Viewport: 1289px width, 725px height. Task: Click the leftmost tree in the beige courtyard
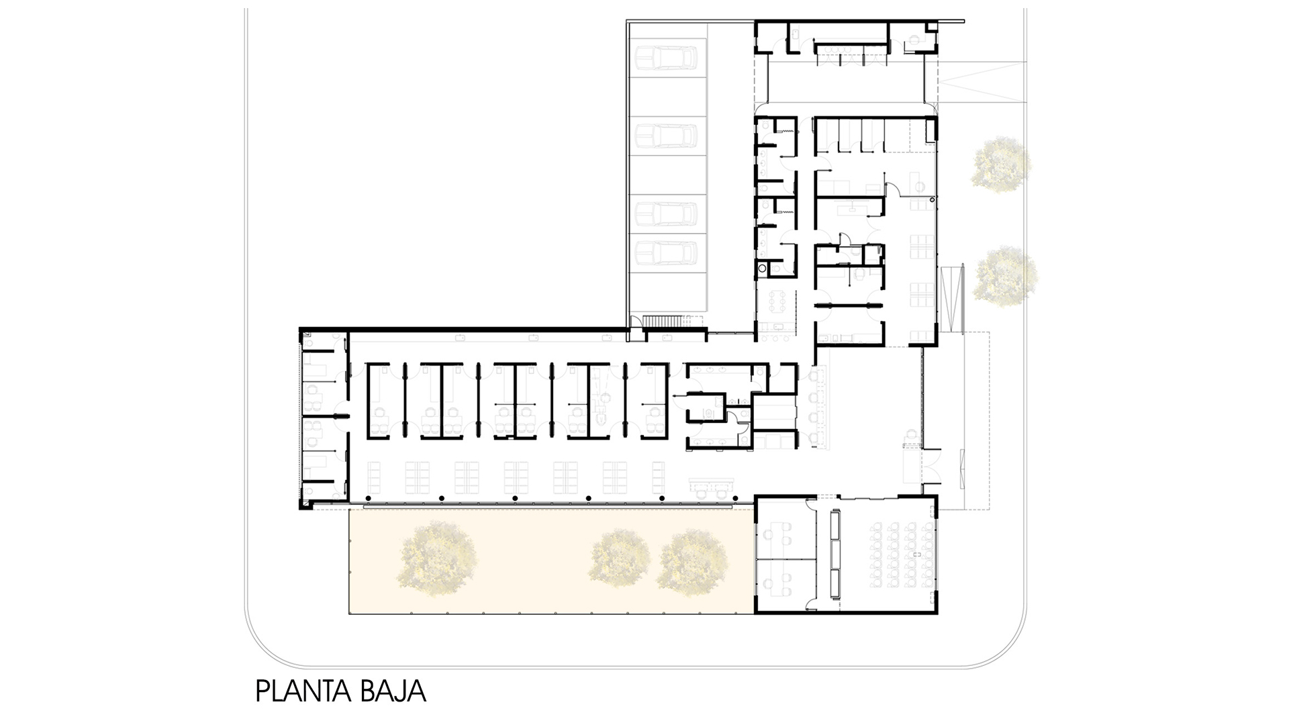(438, 554)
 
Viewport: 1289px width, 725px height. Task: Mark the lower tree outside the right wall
(1005, 275)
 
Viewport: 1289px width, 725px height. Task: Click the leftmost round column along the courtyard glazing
(367, 498)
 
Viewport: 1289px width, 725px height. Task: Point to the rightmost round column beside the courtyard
(736, 498)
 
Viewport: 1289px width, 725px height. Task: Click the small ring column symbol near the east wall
(933, 199)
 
